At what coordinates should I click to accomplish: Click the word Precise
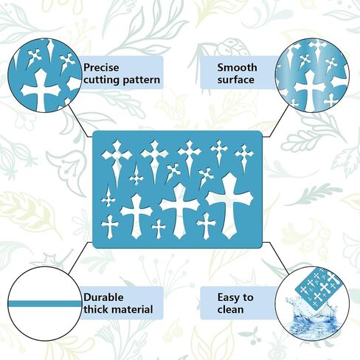pos(101,68)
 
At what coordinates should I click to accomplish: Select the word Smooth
pos(238,67)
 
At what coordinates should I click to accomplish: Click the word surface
pos(236,80)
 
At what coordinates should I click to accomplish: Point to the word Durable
pos(103,297)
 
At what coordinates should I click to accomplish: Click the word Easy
pos(227,298)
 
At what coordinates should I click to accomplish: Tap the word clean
pos(230,310)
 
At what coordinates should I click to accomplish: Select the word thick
pos(97,309)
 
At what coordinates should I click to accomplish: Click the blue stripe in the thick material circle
pos(44,304)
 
